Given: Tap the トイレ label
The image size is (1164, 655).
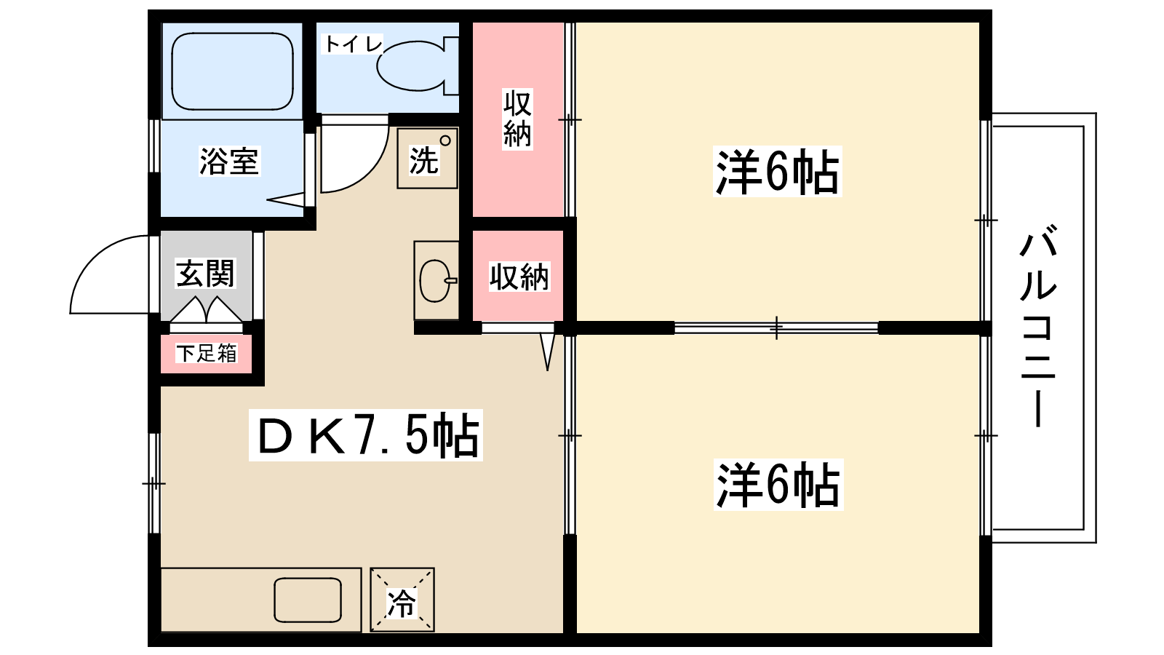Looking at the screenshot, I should (x=353, y=44).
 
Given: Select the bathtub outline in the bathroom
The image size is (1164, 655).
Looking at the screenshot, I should (x=233, y=71).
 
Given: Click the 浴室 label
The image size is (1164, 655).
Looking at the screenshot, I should (x=229, y=162).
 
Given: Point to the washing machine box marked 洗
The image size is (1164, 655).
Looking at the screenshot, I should (x=427, y=159).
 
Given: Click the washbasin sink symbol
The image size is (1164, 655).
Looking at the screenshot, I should (x=436, y=280).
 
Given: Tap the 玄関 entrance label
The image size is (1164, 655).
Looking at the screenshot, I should (x=206, y=274).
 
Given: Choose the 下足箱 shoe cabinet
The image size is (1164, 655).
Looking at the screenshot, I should (x=207, y=354).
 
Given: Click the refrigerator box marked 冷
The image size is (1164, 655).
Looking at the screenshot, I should (x=402, y=600).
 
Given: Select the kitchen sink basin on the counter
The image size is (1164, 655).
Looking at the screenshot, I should (x=308, y=600).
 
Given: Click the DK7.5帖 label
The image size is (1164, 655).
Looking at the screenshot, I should (x=366, y=435).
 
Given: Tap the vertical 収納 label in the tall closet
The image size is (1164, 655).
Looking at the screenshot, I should (x=517, y=119).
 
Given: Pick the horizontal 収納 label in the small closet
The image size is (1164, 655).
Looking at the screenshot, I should (x=519, y=277).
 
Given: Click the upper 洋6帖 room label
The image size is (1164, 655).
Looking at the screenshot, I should (x=778, y=172).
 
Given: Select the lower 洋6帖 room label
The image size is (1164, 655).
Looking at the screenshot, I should (x=778, y=485).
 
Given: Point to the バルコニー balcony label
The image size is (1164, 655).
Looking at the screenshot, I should (x=1038, y=327).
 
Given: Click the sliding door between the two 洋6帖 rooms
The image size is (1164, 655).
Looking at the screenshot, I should (x=776, y=327).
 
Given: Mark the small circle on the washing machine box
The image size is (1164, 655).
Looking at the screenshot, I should (x=445, y=140).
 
